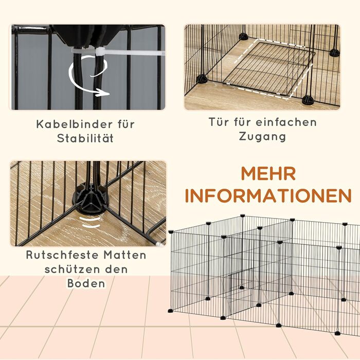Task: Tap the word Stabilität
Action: (85, 139)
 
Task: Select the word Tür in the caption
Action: (219, 122)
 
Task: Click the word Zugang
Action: (262, 137)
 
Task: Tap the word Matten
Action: (125, 255)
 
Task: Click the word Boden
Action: (86, 283)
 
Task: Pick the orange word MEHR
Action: (268, 174)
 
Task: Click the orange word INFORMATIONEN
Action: (268, 196)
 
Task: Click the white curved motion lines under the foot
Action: (91, 222)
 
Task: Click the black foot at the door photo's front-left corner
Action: (202, 79)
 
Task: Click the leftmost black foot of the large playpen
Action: (170, 311)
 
